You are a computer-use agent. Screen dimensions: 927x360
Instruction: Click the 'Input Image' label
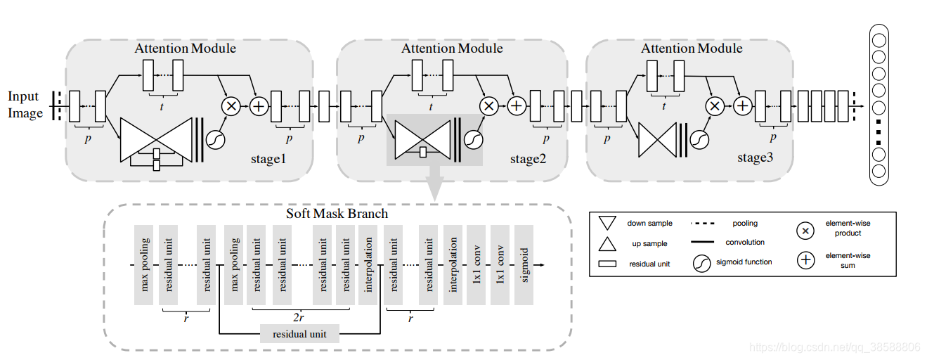[x=25, y=104]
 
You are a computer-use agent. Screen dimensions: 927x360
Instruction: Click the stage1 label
[x=268, y=159]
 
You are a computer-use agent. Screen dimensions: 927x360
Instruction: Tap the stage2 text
[x=528, y=159]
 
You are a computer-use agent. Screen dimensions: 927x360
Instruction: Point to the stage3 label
[x=755, y=157]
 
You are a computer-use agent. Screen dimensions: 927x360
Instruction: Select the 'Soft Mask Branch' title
[x=337, y=214]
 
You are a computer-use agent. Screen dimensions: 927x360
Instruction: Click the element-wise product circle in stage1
[x=231, y=106]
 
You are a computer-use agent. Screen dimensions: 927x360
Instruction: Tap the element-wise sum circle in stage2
[x=517, y=106]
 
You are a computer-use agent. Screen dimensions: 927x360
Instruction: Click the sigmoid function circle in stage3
[x=699, y=140]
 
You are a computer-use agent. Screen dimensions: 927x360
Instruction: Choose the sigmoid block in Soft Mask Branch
[x=524, y=265]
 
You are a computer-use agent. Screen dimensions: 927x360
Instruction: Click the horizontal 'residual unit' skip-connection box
[x=299, y=333]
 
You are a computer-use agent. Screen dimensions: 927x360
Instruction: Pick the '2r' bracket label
[x=299, y=317]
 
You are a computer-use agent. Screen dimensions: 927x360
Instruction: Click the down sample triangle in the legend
[x=607, y=223]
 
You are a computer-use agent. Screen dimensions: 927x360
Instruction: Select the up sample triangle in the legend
[x=607, y=244]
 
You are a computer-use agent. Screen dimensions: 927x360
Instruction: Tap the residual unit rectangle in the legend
[x=607, y=264]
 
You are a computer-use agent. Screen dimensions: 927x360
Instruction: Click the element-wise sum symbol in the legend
[x=805, y=260]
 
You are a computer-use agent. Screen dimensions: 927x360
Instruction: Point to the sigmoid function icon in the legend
[x=702, y=263]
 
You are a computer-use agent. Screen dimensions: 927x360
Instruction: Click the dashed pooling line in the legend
[x=702, y=224]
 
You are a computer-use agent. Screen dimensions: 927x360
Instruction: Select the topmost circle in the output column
[x=879, y=40]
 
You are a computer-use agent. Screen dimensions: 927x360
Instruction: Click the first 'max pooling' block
[x=143, y=265]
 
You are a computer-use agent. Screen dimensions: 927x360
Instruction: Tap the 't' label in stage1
[x=162, y=107]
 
